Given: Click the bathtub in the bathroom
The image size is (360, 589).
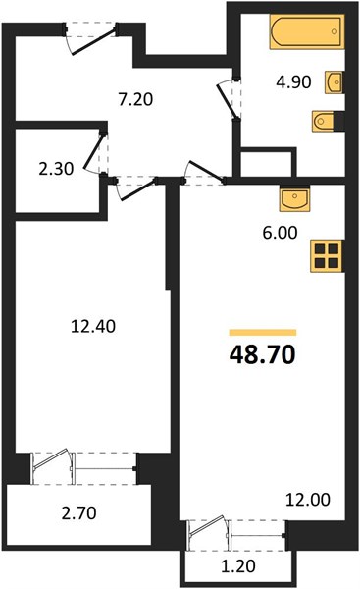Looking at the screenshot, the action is coord(307,31).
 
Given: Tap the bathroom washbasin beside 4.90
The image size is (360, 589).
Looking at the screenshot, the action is coord(334,82).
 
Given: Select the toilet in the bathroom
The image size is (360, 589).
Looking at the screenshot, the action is coord(323,122).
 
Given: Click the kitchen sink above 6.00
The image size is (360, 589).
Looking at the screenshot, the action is coord(294,200).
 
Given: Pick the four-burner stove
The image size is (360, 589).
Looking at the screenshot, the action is coord(326,256).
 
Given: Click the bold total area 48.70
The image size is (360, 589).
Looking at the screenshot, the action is coord(263,354).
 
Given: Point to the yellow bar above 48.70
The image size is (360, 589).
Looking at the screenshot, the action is coord(263,333).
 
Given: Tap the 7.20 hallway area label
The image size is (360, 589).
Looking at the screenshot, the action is coord(135,99).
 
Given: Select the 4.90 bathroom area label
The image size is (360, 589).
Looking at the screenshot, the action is coord(293,81).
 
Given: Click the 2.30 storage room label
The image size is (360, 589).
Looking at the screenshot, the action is coord(56,169).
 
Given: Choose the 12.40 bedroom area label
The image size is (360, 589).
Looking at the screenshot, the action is coord(93,326).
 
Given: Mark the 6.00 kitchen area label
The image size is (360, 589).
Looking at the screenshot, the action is coord(280,233).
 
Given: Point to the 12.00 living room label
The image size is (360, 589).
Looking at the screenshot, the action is coord(308,500).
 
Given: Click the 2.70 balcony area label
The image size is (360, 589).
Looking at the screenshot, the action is coord(78,513).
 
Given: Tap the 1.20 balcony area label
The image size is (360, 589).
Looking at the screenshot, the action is coord(238,566).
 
